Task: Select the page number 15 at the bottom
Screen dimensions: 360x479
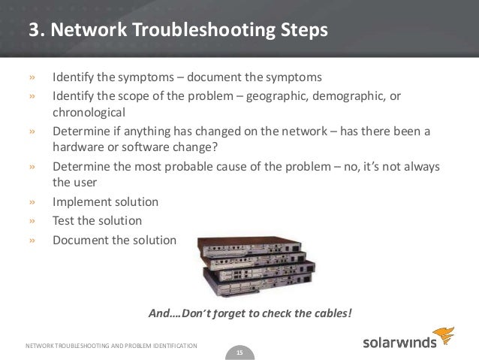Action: point(239,351)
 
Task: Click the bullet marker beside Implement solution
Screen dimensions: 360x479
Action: point(32,202)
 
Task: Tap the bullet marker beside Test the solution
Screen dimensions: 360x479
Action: point(32,221)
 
